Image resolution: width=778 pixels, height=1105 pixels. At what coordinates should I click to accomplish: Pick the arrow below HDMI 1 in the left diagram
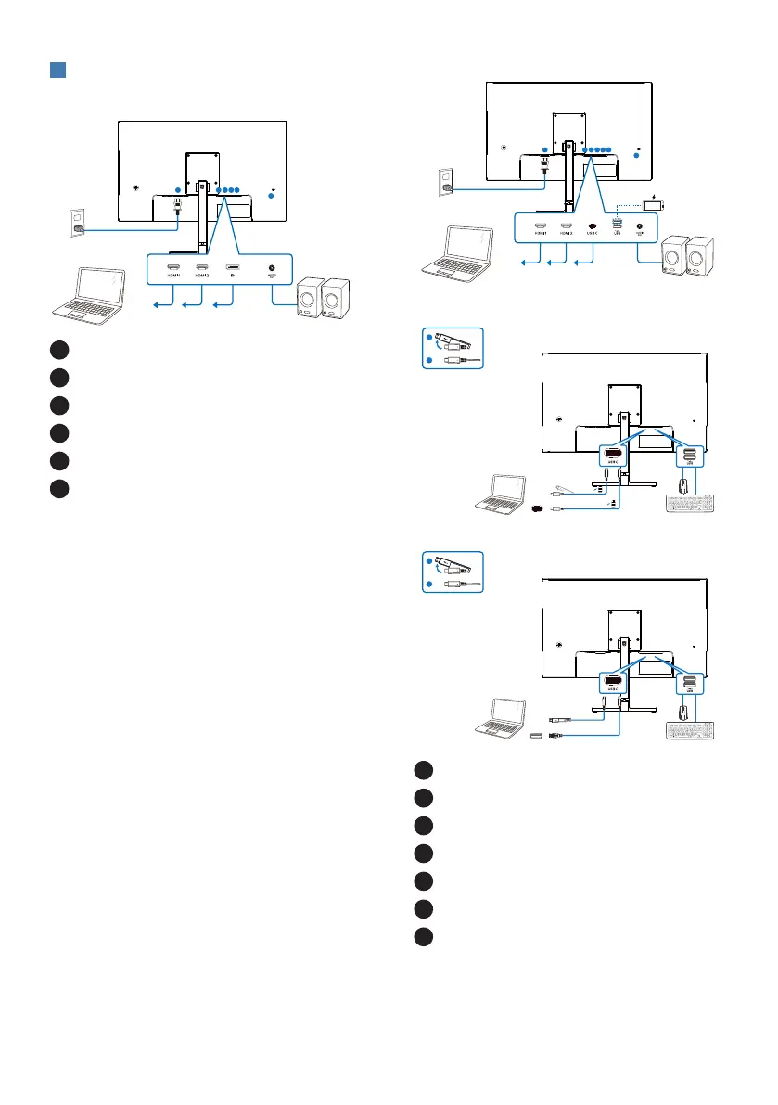click(165, 302)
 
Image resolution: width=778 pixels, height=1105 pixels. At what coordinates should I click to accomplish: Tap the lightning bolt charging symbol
click(657, 196)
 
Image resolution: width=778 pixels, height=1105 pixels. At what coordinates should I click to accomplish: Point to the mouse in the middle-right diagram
click(684, 484)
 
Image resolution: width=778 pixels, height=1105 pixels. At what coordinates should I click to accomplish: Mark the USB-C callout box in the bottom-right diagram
click(614, 687)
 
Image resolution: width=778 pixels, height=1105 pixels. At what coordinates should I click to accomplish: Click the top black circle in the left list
click(59, 350)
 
